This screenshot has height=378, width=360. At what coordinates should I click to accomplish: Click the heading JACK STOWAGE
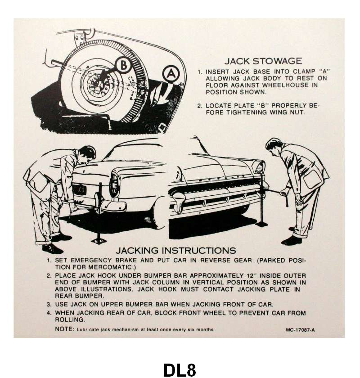263,61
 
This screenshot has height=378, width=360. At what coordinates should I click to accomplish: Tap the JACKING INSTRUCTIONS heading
175,251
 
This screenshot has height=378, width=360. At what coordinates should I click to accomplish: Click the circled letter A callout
171,74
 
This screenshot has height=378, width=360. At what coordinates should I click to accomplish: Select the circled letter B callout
123,65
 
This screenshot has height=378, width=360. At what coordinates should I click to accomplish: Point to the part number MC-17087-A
300,330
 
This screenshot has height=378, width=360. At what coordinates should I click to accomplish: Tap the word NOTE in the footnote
64,329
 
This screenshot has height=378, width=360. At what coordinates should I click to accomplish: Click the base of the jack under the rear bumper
99,240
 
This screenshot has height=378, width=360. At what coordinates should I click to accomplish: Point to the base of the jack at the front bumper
261,224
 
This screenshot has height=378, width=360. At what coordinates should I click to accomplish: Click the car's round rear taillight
114,185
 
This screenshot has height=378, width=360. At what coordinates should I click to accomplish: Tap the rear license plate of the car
79,189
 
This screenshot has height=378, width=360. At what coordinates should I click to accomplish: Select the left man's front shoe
53,249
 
